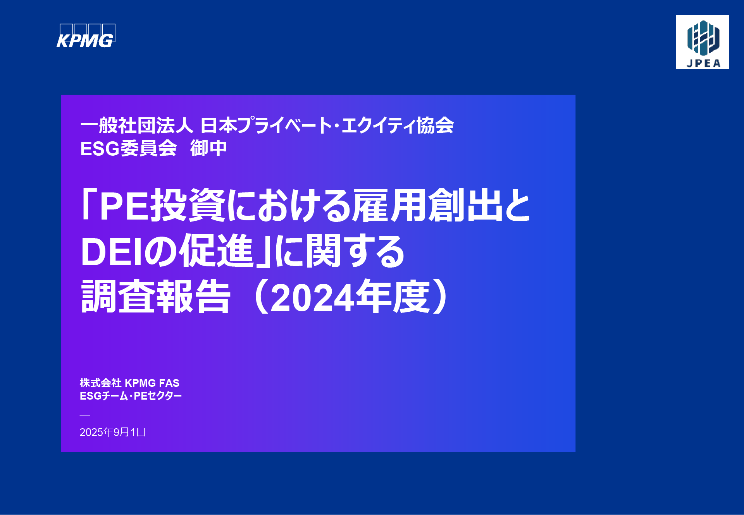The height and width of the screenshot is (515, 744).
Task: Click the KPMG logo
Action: pyautogui.click(x=86, y=36)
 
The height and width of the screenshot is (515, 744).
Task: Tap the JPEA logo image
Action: pyautogui.click(x=702, y=42)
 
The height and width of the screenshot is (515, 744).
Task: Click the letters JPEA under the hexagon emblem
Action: pyautogui.click(x=703, y=63)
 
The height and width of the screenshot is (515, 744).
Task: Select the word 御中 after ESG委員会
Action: pyautogui.click(x=208, y=148)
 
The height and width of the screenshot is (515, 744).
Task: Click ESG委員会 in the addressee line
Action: pyautogui.click(x=128, y=148)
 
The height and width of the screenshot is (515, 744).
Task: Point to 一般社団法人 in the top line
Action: pyautogui.click(x=136, y=125)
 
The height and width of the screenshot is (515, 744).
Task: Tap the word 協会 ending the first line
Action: pyautogui.click(x=435, y=125)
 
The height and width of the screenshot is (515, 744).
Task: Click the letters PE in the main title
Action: pyautogui.click(x=124, y=206)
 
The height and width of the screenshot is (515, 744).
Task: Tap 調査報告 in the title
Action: pyautogui.click(x=156, y=297)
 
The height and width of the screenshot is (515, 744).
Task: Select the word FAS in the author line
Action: pyautogui.click(x=169, y=383)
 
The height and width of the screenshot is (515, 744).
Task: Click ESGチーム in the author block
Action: pyautogui.click(x=103, y=396)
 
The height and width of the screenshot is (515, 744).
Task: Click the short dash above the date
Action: pyautogui.click(x=85, y=415)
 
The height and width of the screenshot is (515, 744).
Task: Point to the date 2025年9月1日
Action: pyautogui.click(x=112, y=432)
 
